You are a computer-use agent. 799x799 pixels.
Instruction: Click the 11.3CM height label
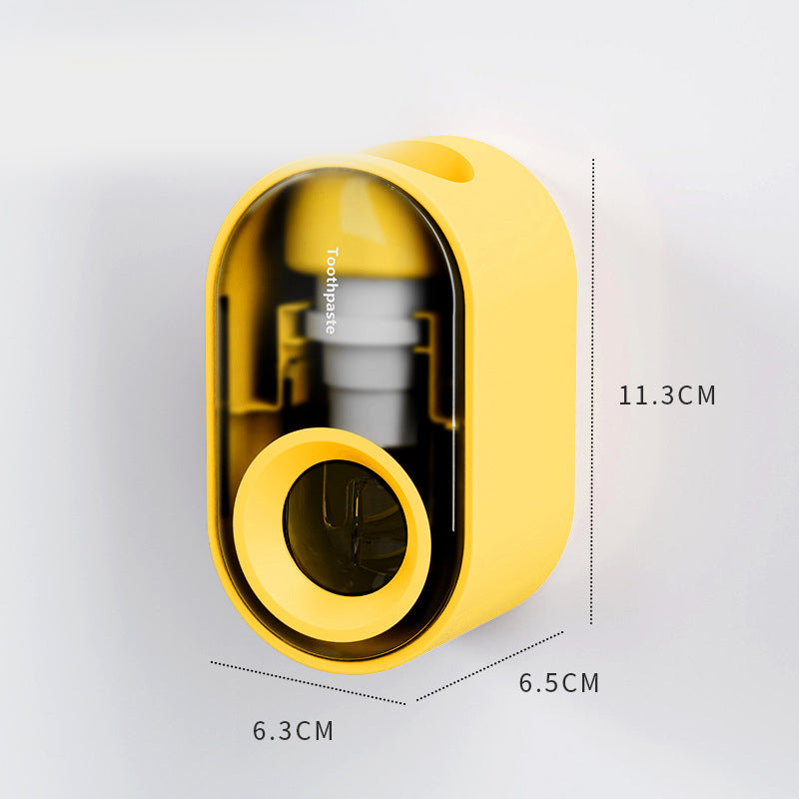coord(667,396)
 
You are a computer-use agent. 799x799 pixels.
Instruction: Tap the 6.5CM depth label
coord(559,683)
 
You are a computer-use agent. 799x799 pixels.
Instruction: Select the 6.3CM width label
coord(293,730)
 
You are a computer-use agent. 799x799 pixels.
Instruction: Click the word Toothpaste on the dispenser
coord(332,291)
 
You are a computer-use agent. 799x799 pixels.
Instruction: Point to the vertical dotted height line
coord(592,392)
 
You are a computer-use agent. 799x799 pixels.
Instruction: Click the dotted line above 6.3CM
coord(308,683)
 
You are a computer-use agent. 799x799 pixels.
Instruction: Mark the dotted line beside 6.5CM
coord(489,666)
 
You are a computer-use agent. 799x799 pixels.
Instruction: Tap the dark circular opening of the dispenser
coord(345,527)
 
